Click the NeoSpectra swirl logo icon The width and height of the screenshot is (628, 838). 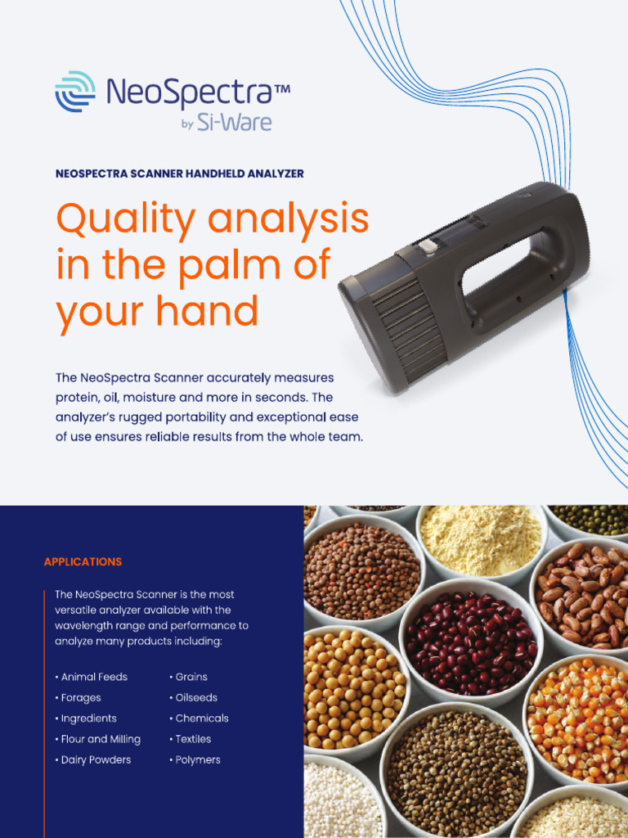pos(75,91)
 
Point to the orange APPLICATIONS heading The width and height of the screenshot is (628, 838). pos(83,562)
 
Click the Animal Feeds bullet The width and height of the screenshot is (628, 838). pos(94,678)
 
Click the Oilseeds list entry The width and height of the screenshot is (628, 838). pos(196,698)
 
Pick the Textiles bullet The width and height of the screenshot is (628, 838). pos(193,739)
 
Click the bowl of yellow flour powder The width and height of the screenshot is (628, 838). pos(480,540)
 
